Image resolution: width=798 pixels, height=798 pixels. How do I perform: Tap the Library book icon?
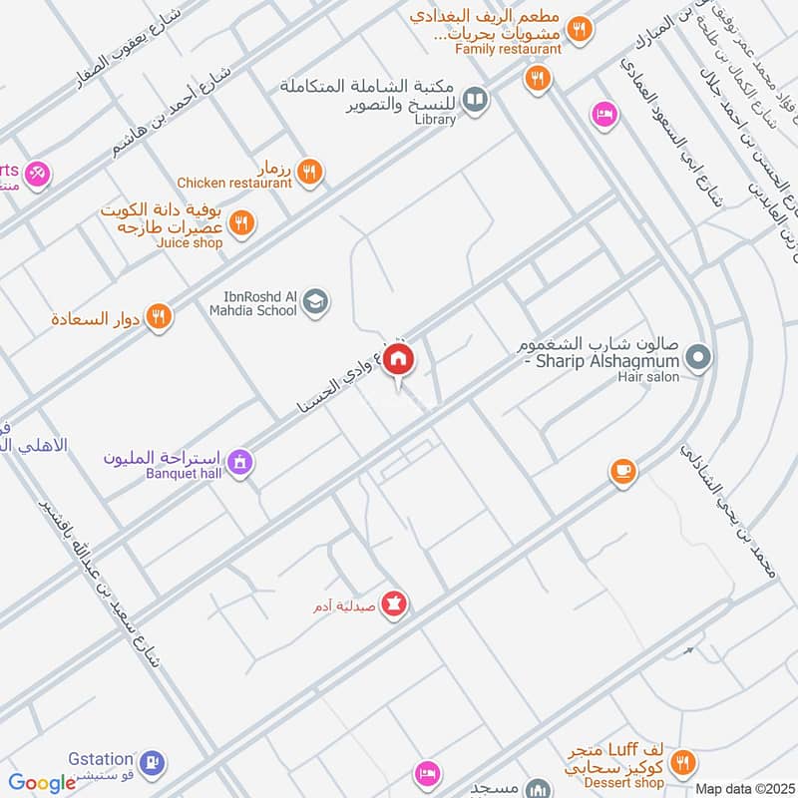click(x=477, y=99)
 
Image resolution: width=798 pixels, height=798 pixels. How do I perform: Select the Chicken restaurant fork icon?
click(x=310, y=172)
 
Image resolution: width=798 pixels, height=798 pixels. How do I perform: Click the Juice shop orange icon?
click(x=240, y=223)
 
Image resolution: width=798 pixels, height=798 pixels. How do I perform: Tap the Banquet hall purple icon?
click(x=238, y=462)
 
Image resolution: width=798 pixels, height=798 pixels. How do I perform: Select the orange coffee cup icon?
click(x=622, y=470)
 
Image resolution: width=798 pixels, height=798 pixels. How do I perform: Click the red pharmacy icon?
click(x=394, y=604)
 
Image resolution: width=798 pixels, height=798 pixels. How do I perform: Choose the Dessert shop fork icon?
click(x=683, y=764)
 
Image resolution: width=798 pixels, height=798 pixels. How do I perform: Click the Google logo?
click(x=42, y=783)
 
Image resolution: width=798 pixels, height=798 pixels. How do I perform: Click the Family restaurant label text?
click(x=508, y=48)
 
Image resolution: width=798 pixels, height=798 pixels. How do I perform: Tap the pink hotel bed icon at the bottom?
click(x=428, y=773)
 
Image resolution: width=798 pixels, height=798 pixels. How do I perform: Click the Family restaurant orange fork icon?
click(x=539, y=78)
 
